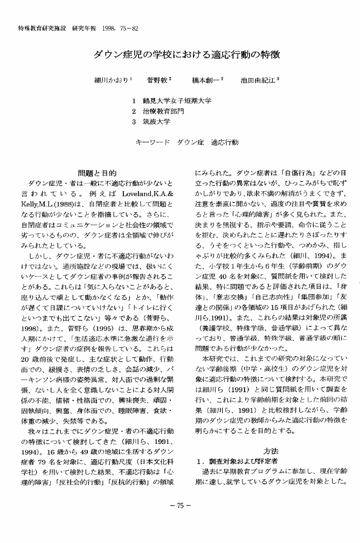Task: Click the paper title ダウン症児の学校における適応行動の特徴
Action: (180, 55)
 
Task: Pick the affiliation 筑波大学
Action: (156, 121)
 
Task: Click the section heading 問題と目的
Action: (97, 173)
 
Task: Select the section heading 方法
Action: (271, 450)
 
